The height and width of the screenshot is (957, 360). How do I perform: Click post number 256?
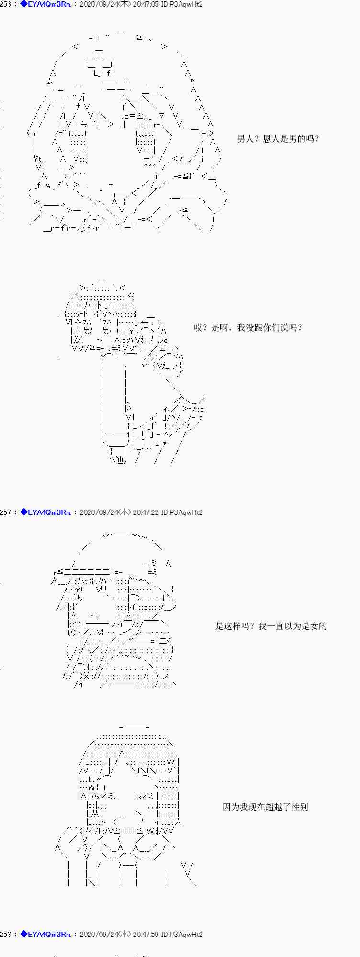point(6,4)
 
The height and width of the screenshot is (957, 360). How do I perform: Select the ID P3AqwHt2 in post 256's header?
point(182,4)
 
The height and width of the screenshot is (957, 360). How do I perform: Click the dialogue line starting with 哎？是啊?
point(247,328)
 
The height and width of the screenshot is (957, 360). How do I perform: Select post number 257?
point(6,512)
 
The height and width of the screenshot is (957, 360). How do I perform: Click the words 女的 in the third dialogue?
point(318,626)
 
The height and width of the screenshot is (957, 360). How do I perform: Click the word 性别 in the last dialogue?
point(300,807)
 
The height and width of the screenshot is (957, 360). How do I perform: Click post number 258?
point(6,934)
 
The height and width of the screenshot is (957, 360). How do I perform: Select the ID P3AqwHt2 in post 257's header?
point(182,512)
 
